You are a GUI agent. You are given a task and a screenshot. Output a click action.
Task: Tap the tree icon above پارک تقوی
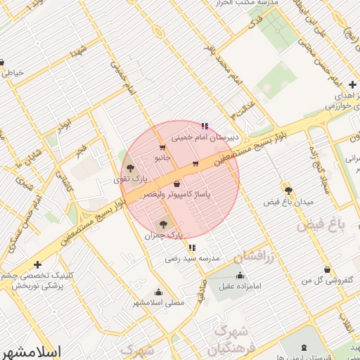[x=130, y=168]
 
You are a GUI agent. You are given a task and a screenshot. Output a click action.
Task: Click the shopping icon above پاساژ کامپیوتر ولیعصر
[x=176, y=184]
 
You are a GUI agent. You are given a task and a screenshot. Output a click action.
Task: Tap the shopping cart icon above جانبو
[x=162, y=148]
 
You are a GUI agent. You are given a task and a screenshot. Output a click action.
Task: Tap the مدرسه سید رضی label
[x=193, y=258]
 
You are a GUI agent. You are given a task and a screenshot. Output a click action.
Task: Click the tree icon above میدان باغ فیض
[x=288, y=190]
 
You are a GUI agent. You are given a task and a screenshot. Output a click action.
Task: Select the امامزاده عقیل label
[x=241, y=286]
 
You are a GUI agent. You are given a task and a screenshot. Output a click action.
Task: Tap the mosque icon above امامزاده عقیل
[x=241, y=276]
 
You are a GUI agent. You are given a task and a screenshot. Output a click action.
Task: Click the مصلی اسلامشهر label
[x=158, y=302]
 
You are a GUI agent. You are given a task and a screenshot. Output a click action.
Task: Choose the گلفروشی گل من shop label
[x=327, y=280]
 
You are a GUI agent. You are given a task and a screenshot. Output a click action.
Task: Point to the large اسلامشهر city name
[x=32, y=351]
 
